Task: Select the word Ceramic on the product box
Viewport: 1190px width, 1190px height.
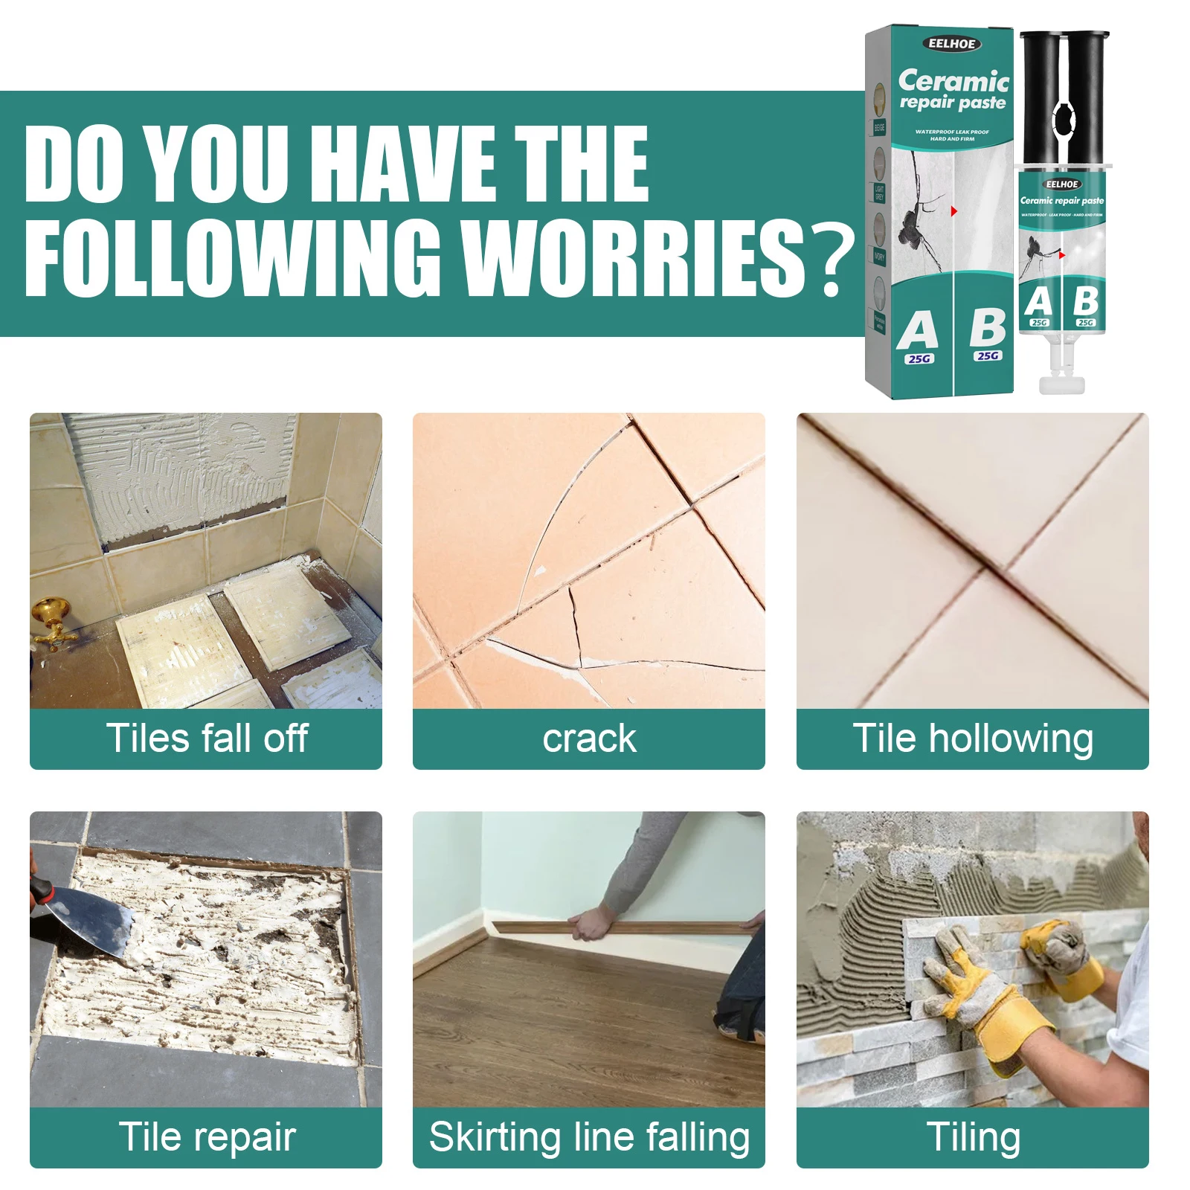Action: [953, 80]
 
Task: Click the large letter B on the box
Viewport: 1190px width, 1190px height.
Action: [987, 327]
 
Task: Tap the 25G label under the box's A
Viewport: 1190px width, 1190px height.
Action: [919, 359]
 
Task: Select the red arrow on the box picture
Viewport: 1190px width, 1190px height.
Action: [953, 211]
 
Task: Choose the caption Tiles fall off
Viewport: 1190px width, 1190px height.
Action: [206, 739]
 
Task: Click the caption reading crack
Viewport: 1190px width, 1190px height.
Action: [588, 739]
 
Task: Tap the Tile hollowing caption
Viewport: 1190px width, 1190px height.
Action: [972, 739]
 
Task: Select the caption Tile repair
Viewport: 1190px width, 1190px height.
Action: [206, 1137]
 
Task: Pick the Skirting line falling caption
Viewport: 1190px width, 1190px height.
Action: [588, 1137]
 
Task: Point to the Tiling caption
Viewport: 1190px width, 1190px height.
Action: [972, 1137]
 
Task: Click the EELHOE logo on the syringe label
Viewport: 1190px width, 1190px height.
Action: [1061, 184]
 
